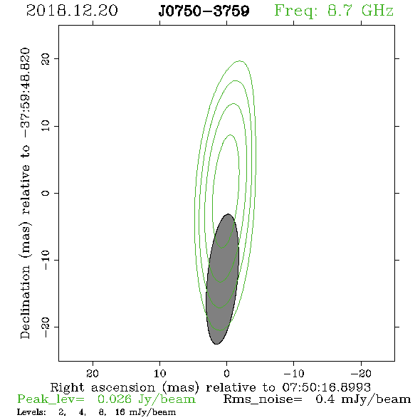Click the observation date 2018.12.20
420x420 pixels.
pyautogui.click(x=72, y=11)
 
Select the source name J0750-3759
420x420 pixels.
pyautogui.click(x=204, y=11)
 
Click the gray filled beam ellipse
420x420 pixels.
pyautogui.click(x=222, y=279)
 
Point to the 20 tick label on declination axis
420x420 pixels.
pyautogui.click(x=46, y=59)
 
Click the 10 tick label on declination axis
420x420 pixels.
pyautogui.click(x=46, y=125)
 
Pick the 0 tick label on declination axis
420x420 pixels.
pyautogui.click(x=46, y=193)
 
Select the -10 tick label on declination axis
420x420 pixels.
pyautogui.click(x=46, y=260)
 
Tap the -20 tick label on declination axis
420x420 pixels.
pyautogui.click(x=46, y=327)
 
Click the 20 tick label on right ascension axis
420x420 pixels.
pyautogui.click(x=93, y=373)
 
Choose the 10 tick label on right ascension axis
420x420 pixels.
pyautogui.click(x=159, y=373)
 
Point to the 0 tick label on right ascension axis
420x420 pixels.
pyautogui.click(x=226, y=373)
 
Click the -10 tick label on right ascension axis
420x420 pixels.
pyautogui.click(x=294, y=373)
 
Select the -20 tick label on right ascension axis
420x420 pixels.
pyautogui.click(x=361, y=373)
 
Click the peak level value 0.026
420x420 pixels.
pyautogui.click(x=115, y=399)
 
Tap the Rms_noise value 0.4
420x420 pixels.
pyautogui.click(x=325, y=399)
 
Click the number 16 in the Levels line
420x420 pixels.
pyautogui.click(x=120, y=411)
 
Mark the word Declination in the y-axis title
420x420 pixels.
pyautogui.click(x=25, y=302)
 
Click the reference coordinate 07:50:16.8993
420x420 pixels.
pyautogui.click(x=326, y=387)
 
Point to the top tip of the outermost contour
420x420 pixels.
pyautogui.click(x=240, y=61)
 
